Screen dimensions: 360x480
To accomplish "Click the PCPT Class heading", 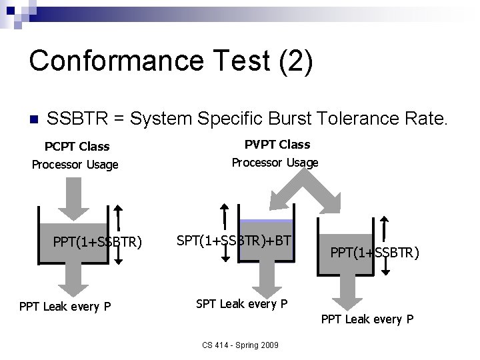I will click(x=77, y=146).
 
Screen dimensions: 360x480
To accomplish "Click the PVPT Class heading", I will click(x=277, y=144).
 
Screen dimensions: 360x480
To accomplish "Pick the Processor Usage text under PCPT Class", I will click(x=75, y=164).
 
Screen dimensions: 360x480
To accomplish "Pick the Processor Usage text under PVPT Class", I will click(x=275, y=162).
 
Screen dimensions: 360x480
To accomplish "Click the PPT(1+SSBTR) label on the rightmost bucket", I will click(x=375, y=253).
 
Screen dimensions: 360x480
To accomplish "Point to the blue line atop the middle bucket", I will click(x=266, y=221).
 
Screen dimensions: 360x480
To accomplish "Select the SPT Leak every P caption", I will click(x=242, y=304).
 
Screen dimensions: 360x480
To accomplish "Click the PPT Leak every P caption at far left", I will click(x=65, y=307).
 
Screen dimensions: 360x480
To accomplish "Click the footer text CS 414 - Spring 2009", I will click(x=240, y=345).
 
